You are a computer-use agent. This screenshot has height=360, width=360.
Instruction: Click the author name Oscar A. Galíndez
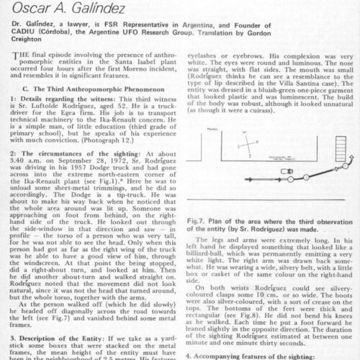point(70,9)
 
